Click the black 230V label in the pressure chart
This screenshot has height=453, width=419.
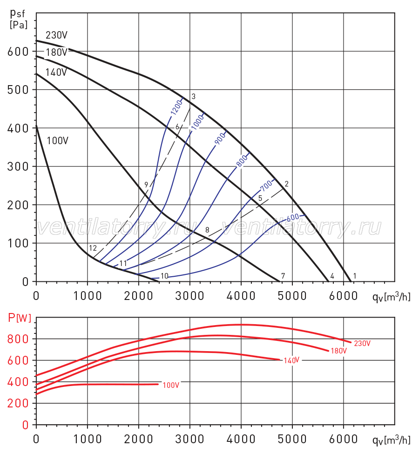[56, 35]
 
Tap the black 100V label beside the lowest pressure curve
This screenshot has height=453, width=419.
[58, 141]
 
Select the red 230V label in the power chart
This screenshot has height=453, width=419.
[362, 343]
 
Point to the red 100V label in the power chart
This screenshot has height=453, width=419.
[171, 385]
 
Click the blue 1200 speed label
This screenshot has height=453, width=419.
[176, 107]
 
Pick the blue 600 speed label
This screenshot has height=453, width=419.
[293, 217]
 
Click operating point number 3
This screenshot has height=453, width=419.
[194, 96]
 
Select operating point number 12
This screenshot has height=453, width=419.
[93, 248]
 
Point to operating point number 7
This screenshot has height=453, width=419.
[283, 276]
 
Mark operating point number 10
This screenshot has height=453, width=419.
[164, 276]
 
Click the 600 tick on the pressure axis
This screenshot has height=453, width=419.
[18, 52]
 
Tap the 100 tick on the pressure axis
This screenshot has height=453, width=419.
[18, 243]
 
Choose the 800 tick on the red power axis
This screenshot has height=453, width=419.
[18, 339]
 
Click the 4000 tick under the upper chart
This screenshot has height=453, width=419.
[241, 296]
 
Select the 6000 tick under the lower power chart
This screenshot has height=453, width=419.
[343, 439]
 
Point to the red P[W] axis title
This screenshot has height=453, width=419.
[20, 318]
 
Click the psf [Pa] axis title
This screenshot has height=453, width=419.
[18, 19]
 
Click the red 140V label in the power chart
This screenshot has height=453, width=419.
[291, 360]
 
